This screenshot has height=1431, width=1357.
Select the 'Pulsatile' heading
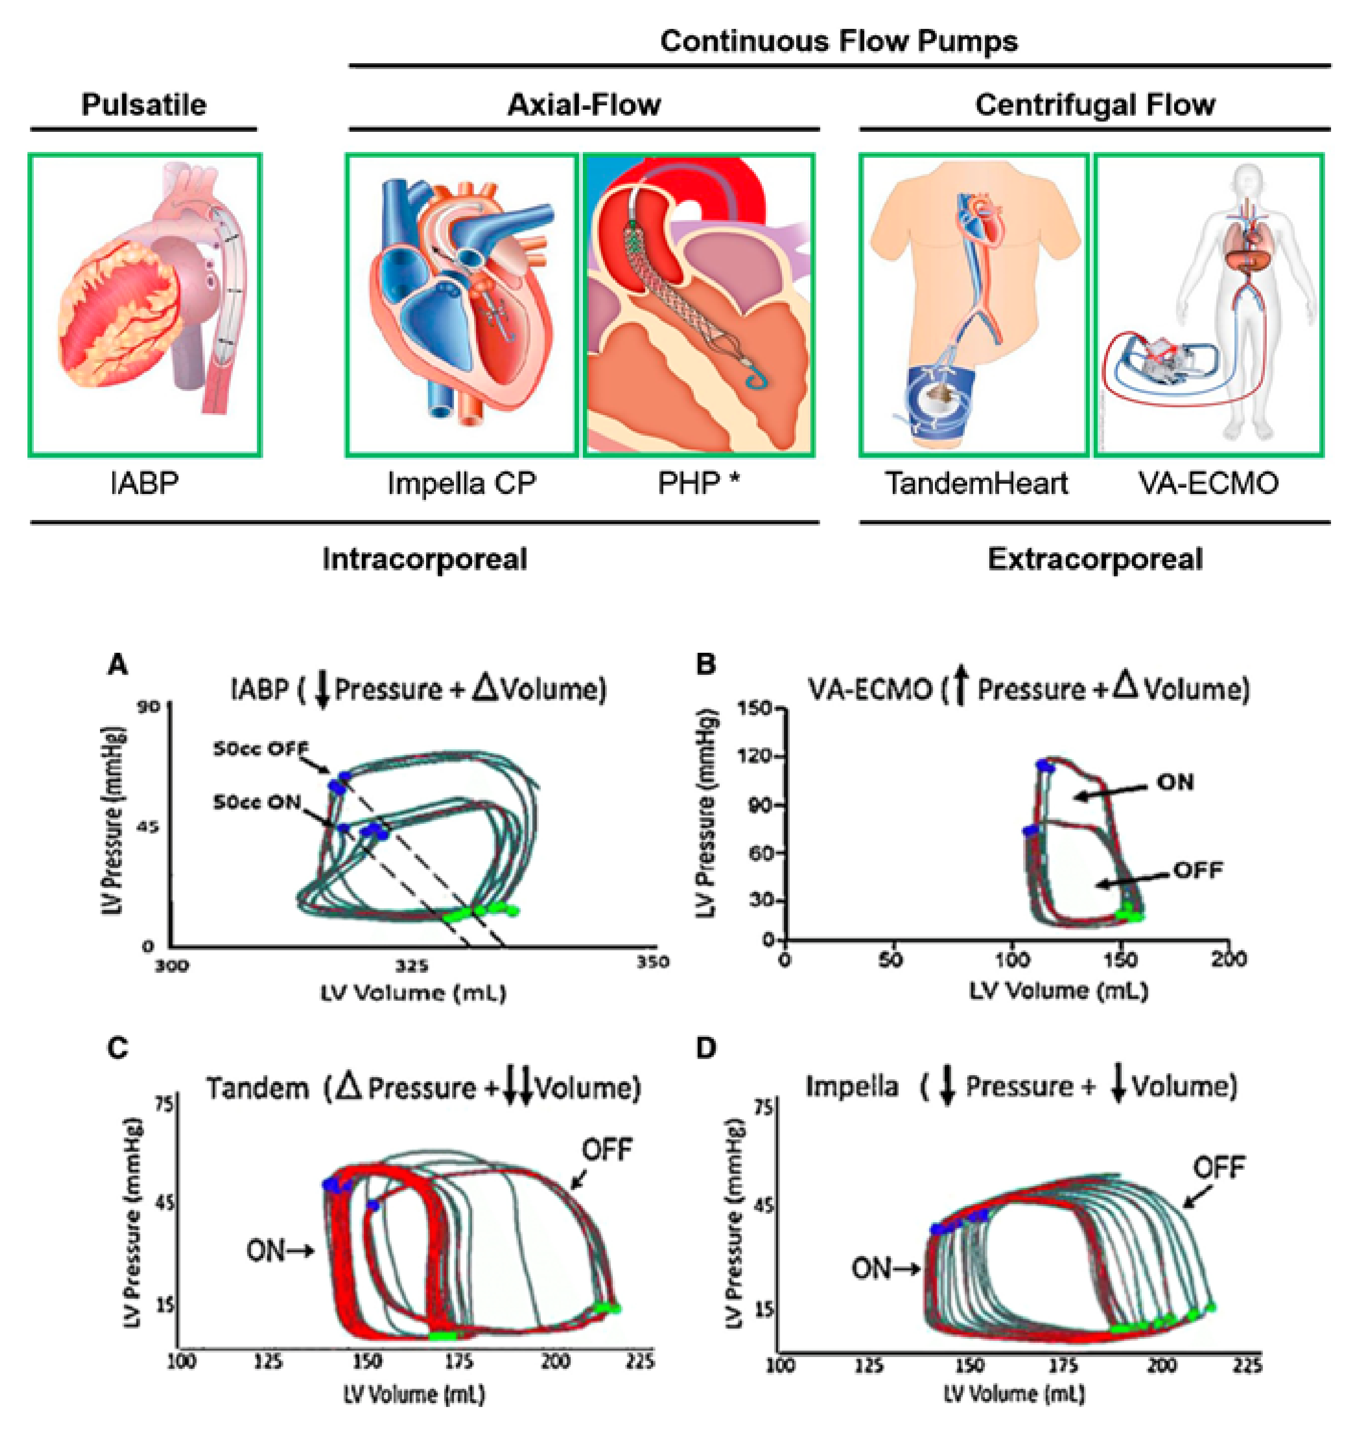pyautogui.click(x=143, y=105)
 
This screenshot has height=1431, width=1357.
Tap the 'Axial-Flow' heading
pyautogui.click(x=584, y=105)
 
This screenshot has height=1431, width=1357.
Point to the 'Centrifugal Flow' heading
pyautogui.click(x=1094, y=105)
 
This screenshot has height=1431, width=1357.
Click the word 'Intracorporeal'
pyautogui.click(x=425, y=559)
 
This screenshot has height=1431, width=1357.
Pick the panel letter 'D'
pyautogui.click(x=705, y=1048)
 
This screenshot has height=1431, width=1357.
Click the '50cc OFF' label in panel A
pyautogui.click(x=260, y=748)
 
